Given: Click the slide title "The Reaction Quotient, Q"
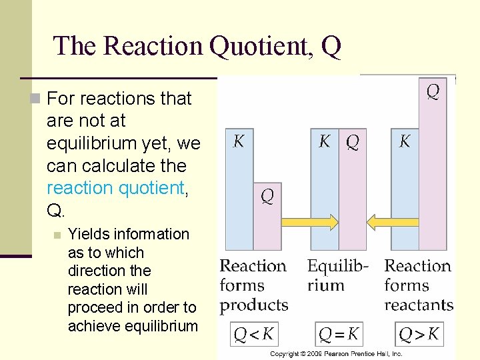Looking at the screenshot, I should (x=197, y=46).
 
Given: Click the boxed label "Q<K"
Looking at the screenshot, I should (x=253, y=333).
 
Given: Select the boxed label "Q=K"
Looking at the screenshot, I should (x=339, y=333).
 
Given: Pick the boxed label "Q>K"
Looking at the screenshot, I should (x=419, y=333).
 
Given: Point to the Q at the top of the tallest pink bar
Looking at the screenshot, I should (x=433, y=91).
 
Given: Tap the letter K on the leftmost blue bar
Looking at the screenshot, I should (x=238, y=141).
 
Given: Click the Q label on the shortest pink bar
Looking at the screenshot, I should (x=267, y=197).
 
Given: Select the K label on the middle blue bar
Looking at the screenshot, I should (x=325, y=141).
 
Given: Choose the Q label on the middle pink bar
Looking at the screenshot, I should (x=353, y=141).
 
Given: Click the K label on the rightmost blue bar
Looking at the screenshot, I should (x=405, y=141).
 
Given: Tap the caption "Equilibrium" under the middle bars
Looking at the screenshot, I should (x=337, y=275).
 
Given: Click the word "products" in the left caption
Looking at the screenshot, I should (x=254, y=305).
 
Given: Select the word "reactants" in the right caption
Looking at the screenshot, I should (x=419, y=305).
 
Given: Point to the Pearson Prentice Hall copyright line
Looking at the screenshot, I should (x=336, y=353).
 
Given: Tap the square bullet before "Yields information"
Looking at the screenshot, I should (x=57, y=235).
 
